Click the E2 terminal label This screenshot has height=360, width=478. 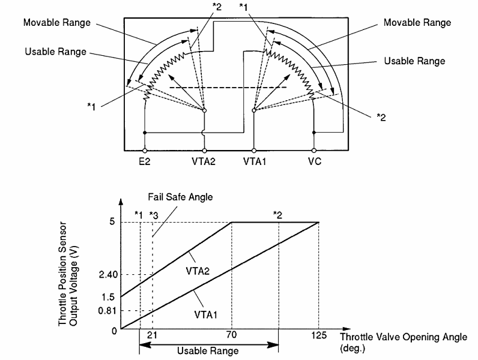click(145, 161)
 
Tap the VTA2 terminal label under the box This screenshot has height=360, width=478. click(204, 161)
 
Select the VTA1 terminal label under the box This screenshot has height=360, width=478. click(255, 161)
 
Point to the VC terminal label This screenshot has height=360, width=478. click(315, 161)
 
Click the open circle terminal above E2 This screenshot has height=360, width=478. click(145, 151)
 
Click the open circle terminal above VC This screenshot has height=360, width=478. click(314, 151)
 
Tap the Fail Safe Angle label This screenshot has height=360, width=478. click(180, 197)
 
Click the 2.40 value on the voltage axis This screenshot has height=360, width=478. click(108, 274)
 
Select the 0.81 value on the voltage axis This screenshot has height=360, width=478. click(107, 311)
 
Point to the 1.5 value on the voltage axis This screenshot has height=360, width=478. click(108, 297)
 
